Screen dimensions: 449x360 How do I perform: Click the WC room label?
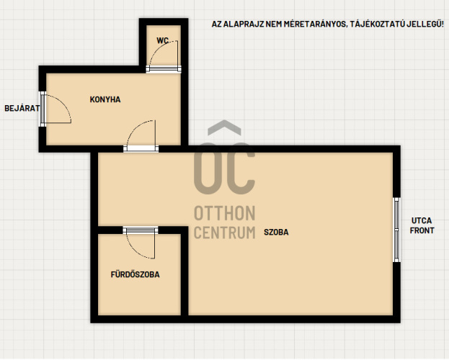162,40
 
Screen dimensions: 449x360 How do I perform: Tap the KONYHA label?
105,99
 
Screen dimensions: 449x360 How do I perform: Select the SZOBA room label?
276,232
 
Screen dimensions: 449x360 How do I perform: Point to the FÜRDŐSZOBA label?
135,274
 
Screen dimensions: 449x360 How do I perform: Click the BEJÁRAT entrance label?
22,108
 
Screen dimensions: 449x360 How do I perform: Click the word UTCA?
422,220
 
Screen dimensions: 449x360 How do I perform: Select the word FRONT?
422,230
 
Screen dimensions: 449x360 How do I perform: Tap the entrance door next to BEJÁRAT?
55,109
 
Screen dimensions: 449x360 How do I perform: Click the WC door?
164,56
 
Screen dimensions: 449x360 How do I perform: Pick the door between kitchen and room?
141,135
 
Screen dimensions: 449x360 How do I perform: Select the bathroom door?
141,243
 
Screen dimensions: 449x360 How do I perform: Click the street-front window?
396,230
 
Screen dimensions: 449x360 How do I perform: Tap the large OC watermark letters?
225,168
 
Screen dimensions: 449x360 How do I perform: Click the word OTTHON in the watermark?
225,213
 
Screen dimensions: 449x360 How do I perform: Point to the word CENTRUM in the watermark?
225,233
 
